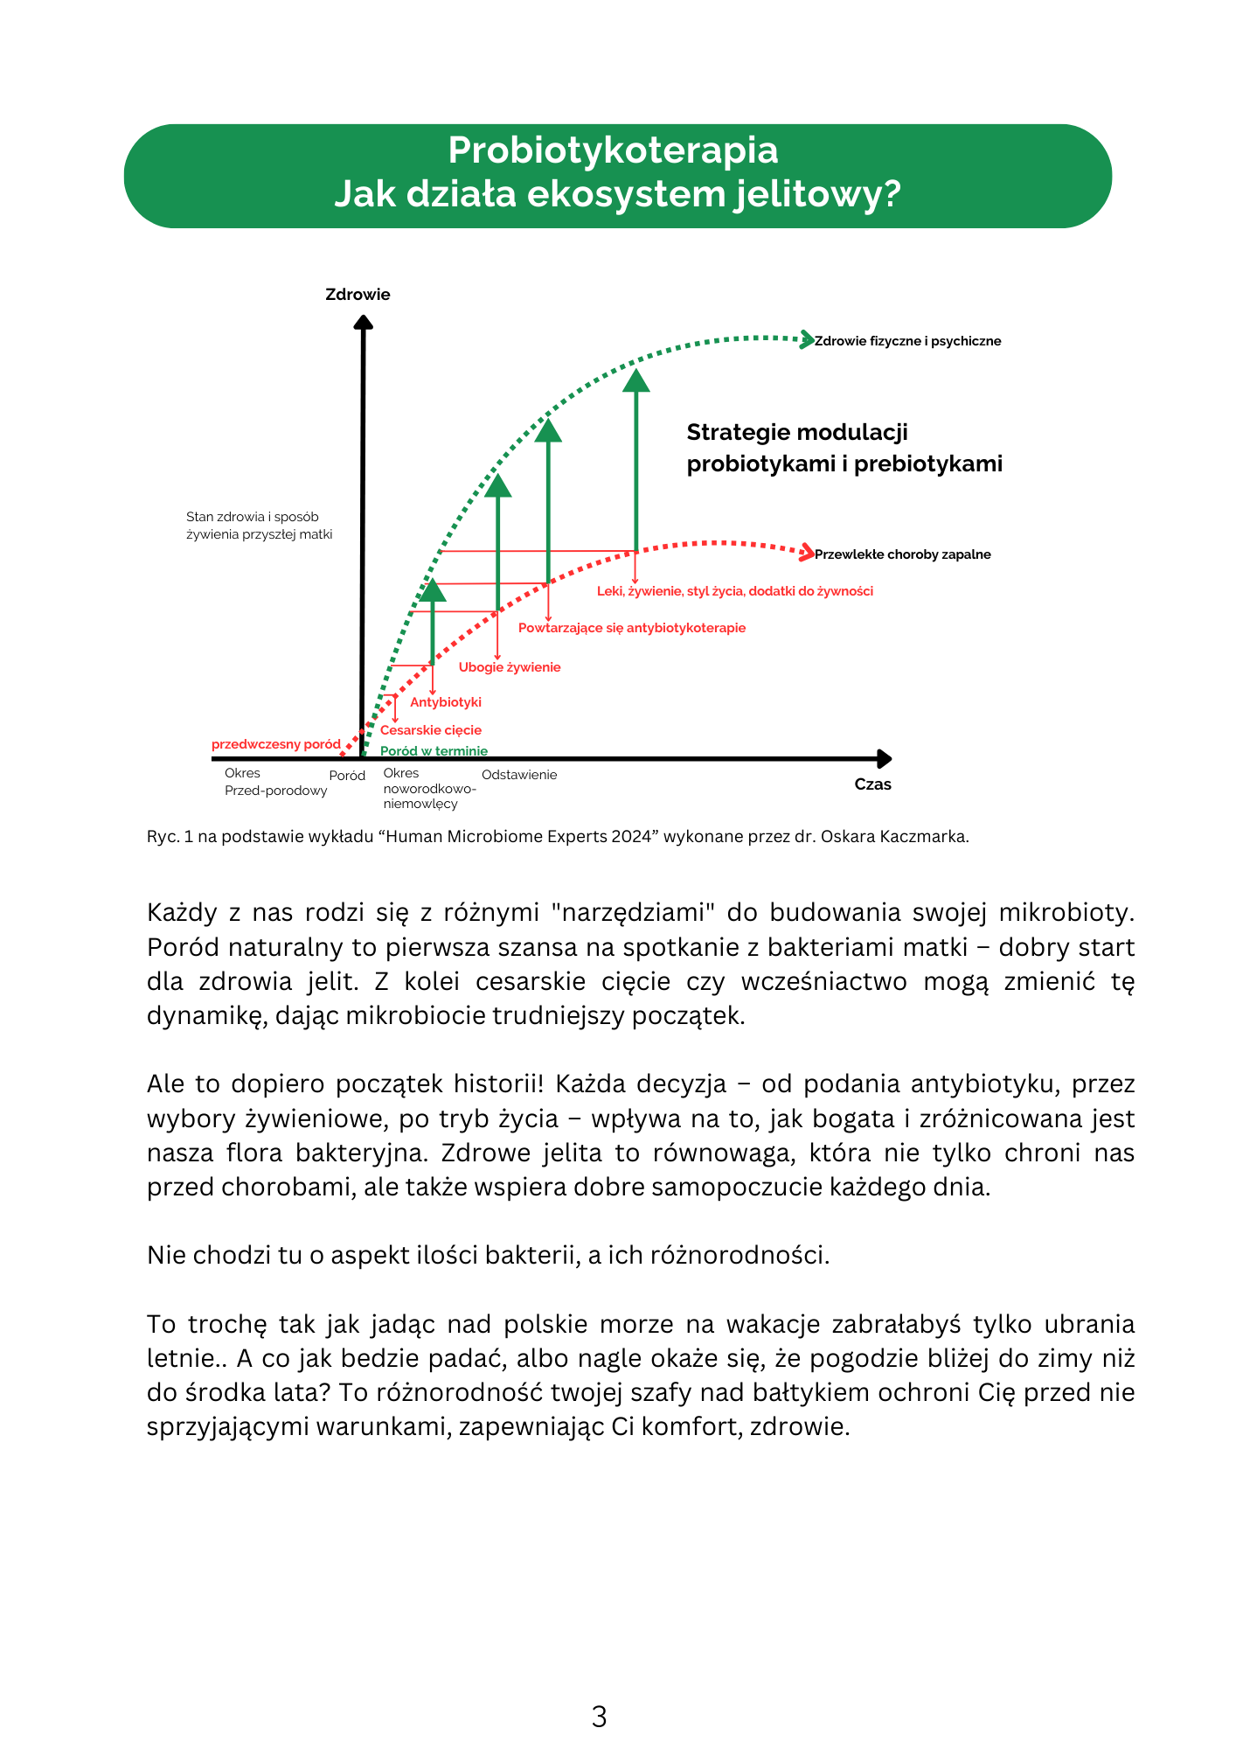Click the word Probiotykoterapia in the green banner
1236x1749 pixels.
point(613,150)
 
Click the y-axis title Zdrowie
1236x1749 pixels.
point(358,295)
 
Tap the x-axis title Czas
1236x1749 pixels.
point(872,784)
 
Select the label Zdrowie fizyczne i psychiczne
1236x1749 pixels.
point(907,341)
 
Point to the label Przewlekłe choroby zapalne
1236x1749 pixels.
point(902,554)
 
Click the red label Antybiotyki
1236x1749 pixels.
point(446,702)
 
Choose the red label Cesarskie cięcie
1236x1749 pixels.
point(431,730)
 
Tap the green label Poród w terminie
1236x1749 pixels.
point(434,751)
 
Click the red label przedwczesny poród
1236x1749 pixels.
point(276,744)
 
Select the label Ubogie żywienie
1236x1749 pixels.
point(510,667)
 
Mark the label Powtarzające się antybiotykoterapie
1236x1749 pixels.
point(632,628)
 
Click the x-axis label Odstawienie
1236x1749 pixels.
point(519,775)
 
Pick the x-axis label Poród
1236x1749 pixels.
point(347,776)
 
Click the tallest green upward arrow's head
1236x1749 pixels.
point(636,380)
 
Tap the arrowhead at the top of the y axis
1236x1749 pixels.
point(364,322)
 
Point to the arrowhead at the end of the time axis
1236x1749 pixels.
point(885,759)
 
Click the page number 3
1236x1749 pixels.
point(599,1717)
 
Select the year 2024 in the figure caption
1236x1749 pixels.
point(632,836)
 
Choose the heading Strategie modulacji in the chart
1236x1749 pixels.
point(797,432)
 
